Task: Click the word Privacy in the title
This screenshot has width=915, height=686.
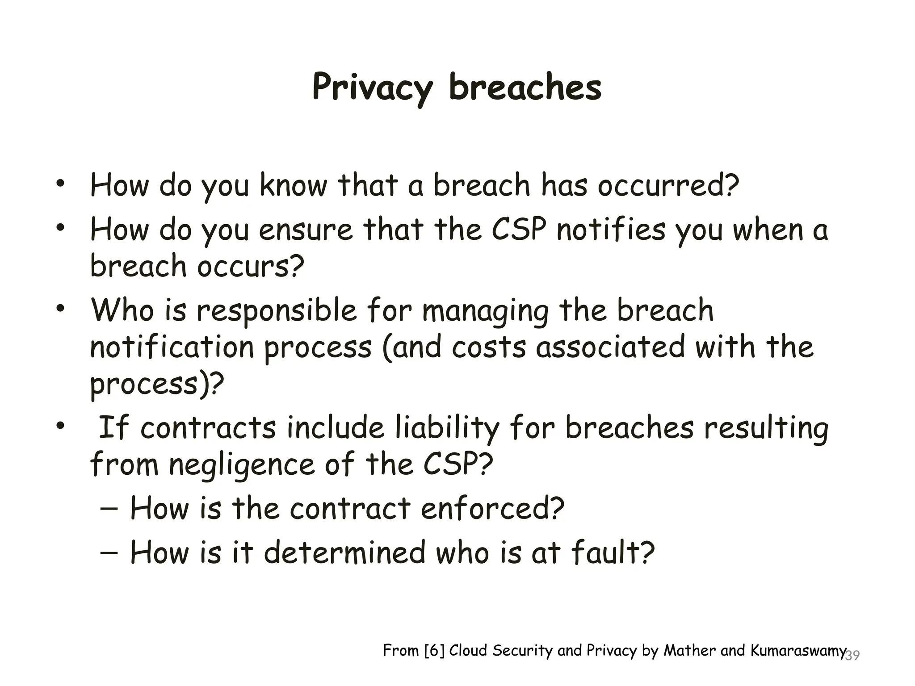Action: pos(372,88)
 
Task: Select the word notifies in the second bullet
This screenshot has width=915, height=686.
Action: pos(611,230)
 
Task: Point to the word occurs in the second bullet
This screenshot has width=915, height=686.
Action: pos(250,266)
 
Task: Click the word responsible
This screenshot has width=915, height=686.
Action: pos(277,310)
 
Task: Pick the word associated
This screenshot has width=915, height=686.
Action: pos(610,347)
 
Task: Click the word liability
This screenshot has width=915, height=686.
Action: pos(447,428)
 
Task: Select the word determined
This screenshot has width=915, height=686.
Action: pos(344,552)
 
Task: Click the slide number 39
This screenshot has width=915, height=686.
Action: pos(852,656)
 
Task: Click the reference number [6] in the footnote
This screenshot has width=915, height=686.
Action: pos(434,651)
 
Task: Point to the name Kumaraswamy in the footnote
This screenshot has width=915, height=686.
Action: pos(798,651)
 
